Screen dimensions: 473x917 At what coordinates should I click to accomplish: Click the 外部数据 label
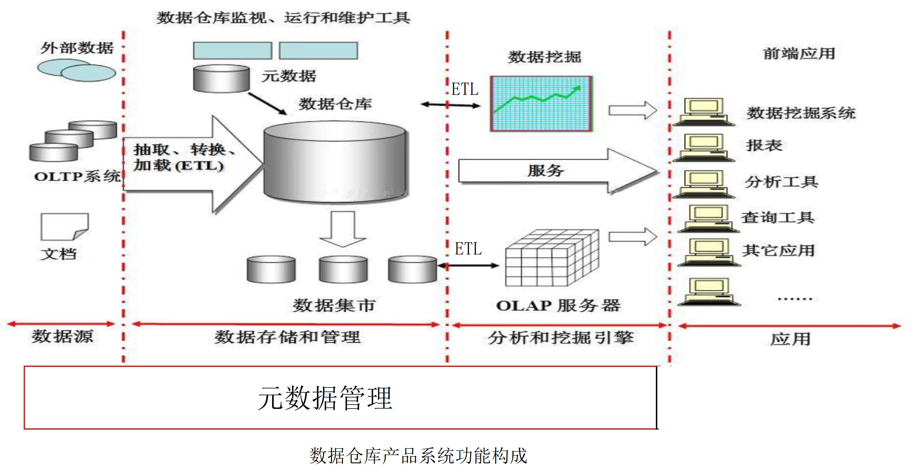[77, 48]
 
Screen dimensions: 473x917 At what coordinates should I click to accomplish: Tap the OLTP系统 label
[77, 176]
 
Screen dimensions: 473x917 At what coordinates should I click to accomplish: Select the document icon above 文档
[64, 227]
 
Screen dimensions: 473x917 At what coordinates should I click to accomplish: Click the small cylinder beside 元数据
[221, 79]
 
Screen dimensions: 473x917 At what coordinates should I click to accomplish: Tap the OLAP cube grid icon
[552, 258]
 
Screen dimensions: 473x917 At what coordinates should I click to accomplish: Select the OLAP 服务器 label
[558, 305]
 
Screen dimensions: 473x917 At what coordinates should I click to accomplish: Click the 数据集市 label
[334, 305]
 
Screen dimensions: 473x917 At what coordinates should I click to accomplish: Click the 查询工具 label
[778, 217]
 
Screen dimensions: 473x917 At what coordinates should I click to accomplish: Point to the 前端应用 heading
[799, 54]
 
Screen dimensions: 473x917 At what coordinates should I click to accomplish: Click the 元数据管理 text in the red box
[325, 398]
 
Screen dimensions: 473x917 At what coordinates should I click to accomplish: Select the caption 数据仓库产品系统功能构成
[418, 456]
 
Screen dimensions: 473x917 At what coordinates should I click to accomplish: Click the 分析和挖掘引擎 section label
[560, 337]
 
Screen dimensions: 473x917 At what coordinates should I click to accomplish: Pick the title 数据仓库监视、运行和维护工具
[283, 17]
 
